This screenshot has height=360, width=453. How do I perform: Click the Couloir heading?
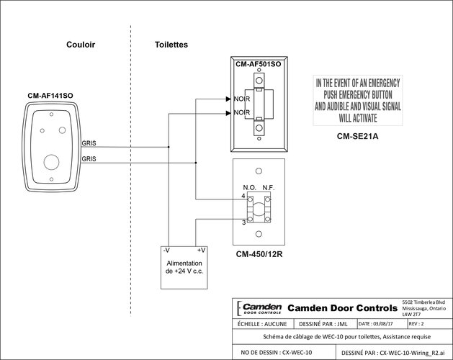(80, 45)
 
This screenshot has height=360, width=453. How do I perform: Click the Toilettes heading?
(171, 45)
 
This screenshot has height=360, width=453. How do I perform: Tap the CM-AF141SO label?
(50, 95)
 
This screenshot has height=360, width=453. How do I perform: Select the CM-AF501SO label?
(258, 65)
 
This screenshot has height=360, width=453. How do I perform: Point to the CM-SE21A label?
(357, 135)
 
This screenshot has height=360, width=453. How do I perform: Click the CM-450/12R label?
(259, 254)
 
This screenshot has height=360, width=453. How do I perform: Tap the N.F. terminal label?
(269, 188)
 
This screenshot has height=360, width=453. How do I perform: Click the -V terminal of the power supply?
(166, 250)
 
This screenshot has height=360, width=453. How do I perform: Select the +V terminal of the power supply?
(201, 250)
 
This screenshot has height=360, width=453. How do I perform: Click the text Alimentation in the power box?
(184, 264)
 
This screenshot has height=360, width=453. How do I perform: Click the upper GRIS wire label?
(89, 143)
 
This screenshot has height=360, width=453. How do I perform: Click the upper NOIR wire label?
(241, 99)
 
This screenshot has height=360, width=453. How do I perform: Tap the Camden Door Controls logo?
(257, 307)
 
